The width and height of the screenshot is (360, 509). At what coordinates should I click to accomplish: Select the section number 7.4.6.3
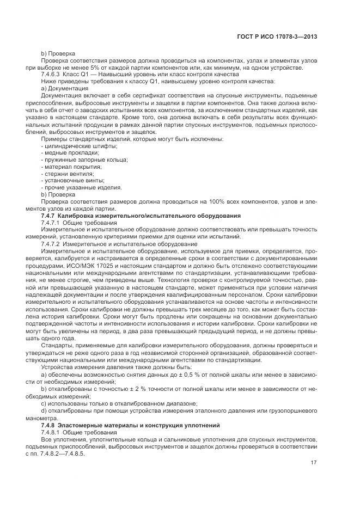[x=51, y=74]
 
